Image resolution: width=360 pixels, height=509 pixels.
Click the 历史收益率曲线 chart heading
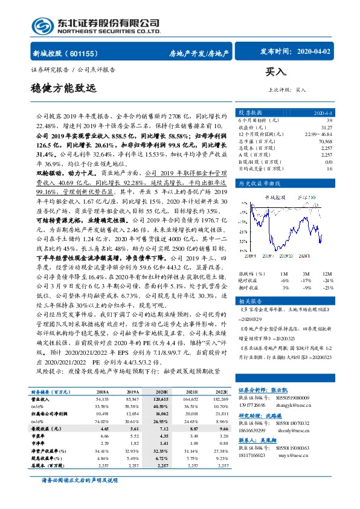tap(260, 182)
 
